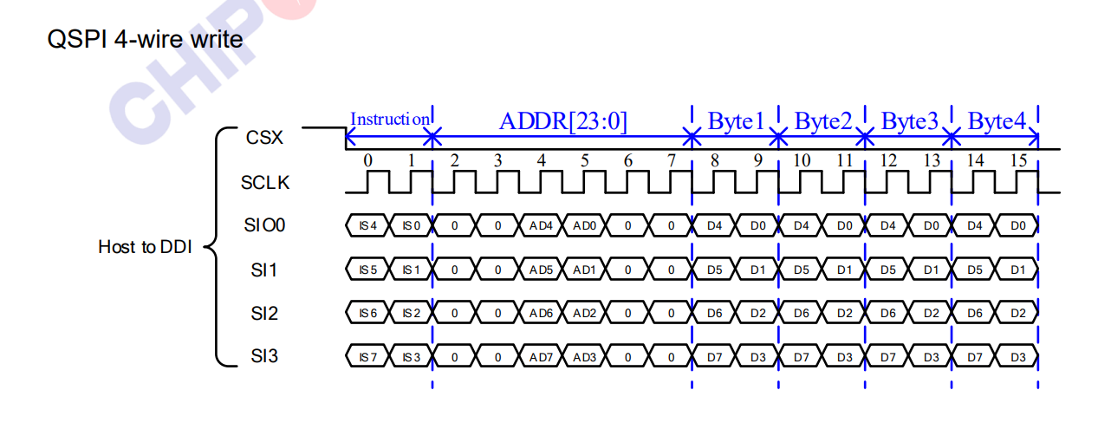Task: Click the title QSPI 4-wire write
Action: coord(145,40)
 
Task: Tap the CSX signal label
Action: coord(263,137)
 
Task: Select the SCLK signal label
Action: coord(265,183)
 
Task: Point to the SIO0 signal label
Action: coord(264,226)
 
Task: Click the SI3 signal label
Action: coord(263,355)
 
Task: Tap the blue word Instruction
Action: coord(389,119)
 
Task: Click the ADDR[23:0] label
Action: coord(562,121)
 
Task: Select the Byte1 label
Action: coord(736,121)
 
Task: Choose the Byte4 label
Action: coord(996,121)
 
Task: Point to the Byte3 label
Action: coord(909,121)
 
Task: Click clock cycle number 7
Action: coord(671,160)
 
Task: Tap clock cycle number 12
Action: coord(887,160)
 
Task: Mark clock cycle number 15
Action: coord(1017,160)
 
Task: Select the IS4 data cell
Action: coord(367,226)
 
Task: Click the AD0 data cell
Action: coord(584,226)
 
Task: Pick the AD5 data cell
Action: coord(541,270)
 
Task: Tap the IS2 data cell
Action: coord(411,313)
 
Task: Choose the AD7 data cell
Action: coord(541,356)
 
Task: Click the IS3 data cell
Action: coord(411,356)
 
